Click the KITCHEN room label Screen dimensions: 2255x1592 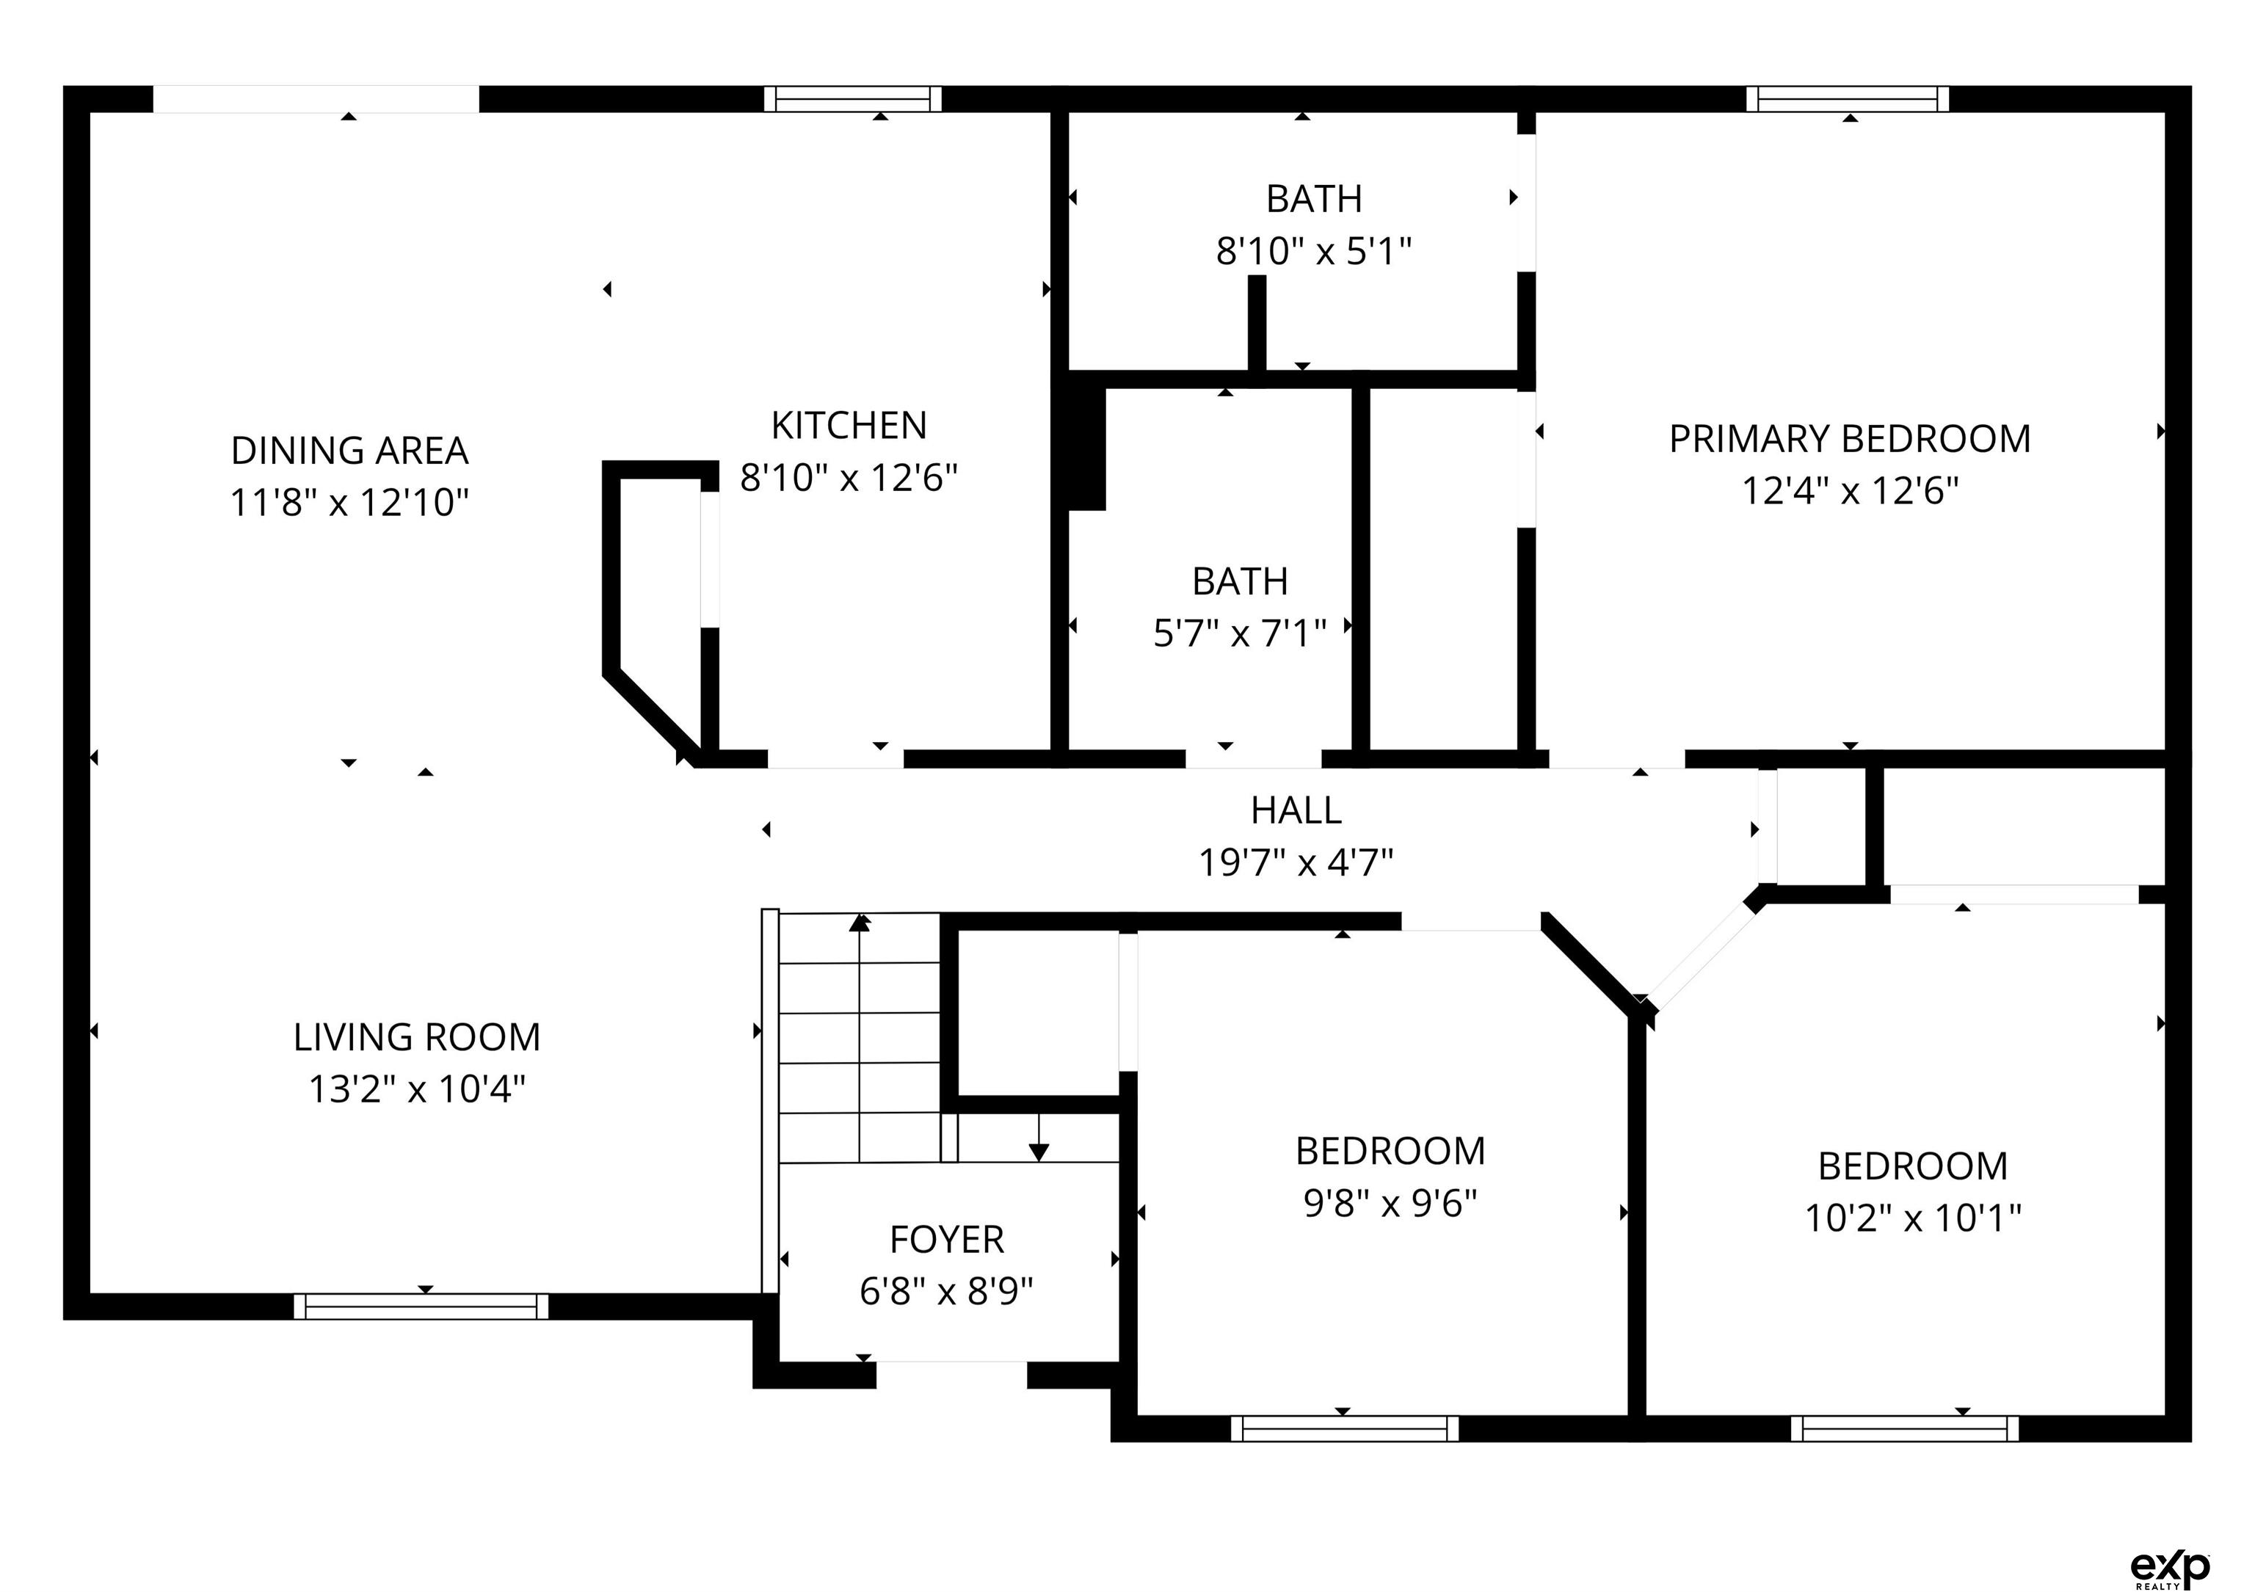tap(849, 425)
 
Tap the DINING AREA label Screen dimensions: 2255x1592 tap(349, 451)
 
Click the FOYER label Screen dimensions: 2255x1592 tap(947, 1240)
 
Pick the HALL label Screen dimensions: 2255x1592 tap(1296, 810)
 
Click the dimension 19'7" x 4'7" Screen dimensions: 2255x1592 tap(1296, 862)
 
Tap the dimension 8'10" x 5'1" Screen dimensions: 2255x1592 tap(1314, 252)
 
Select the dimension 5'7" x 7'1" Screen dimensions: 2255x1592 tap(1241, 633)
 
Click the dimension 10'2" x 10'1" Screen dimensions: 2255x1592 tap(1913, 1218)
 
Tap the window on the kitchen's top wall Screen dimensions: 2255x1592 tap(852, 99)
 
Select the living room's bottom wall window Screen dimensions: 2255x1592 tap(421, 1306)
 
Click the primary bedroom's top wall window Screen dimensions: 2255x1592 tap(1848, 99)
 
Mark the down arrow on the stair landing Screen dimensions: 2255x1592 tap(1039, 1137)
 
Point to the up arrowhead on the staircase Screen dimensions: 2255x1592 tap(860, 921)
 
